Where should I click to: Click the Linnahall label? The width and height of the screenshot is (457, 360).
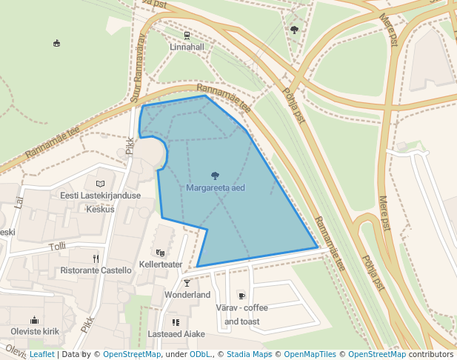(187, 47)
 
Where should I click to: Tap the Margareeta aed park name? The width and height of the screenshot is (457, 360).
(216, 188)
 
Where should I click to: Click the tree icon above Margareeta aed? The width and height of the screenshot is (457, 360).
(216, 176)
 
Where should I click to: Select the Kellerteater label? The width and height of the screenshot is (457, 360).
(161, 264)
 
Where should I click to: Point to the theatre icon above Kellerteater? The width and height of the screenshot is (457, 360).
(161, 253)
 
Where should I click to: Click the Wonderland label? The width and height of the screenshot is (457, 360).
(187, 295)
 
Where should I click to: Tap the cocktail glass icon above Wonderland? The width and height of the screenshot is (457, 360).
(187, 283)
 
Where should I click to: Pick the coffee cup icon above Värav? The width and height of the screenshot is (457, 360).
(241, 296)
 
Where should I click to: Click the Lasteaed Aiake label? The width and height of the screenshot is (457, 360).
(176, 334)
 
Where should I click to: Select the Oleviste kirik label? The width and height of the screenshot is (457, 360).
(35, 331)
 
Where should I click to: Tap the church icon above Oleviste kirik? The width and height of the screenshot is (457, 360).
(34, 320)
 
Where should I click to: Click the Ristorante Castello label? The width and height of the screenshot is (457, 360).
(96, 270)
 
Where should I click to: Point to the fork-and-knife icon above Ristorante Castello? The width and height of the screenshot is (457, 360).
(96, 259)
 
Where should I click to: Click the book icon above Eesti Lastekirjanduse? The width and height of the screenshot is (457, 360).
(101, 183)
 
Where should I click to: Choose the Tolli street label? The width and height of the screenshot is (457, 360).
(57, 246)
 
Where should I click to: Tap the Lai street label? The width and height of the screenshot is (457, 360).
(19, 201)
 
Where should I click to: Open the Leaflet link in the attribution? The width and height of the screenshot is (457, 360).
(41, 355)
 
